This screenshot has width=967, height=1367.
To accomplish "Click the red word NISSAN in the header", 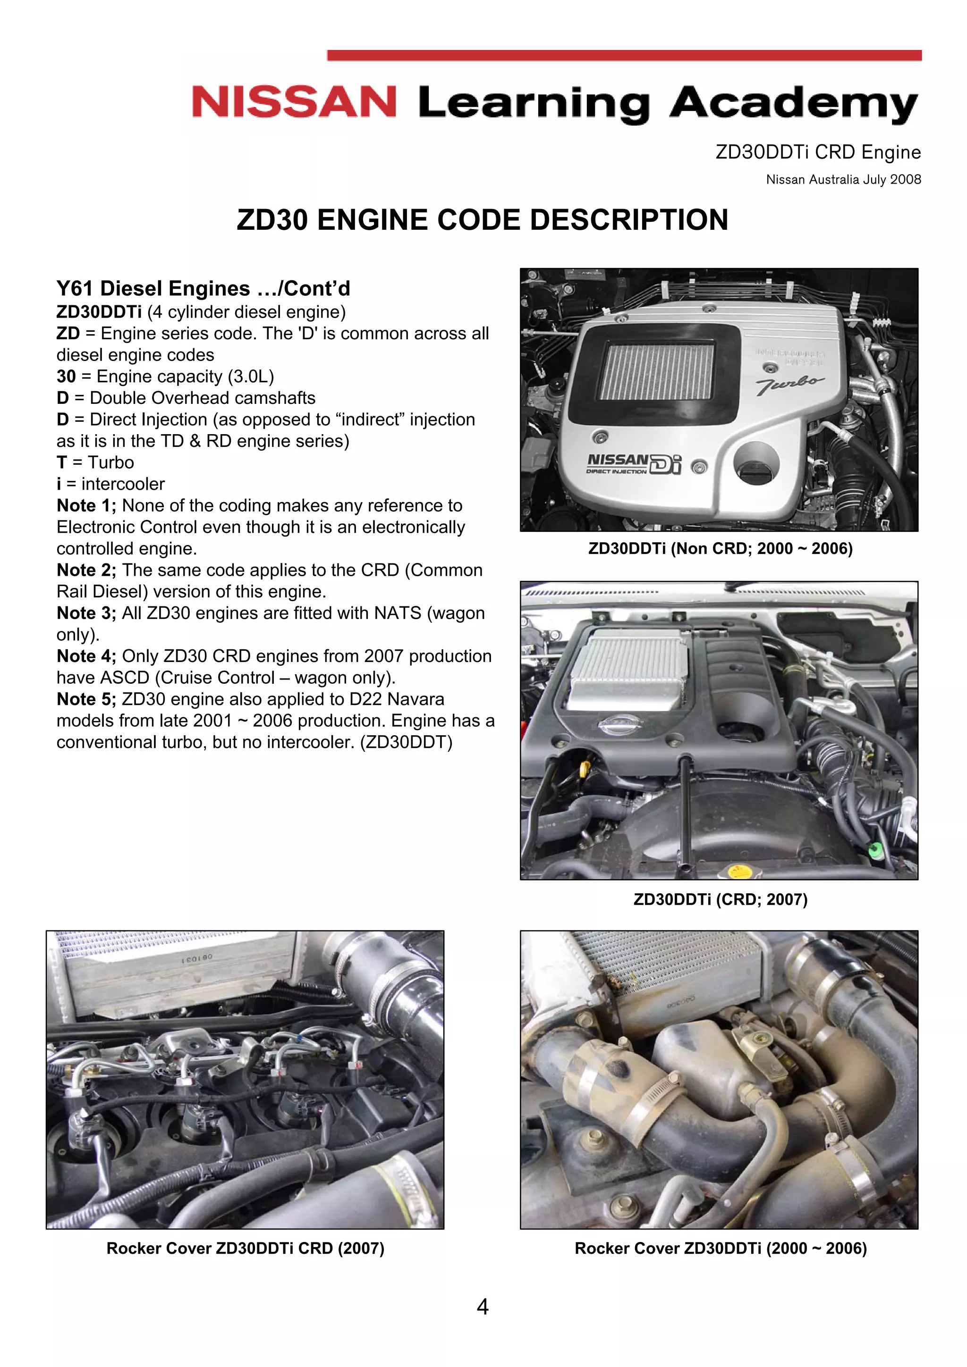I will (x=294, y=102).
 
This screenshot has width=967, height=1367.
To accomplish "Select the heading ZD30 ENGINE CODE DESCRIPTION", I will (x=482, y=220).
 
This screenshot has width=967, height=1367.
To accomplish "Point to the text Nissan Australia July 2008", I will (x=843, y=179).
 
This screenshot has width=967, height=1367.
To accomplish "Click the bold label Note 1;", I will (x=86, y=505).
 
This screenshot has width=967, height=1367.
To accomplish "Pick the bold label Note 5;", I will (x=86, y=699).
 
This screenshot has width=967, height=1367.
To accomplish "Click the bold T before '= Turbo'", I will (x=61, y=462).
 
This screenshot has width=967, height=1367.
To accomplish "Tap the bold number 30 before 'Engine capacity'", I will (x=66, y=376).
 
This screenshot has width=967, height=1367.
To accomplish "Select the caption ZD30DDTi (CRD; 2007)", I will (x=720, y=899).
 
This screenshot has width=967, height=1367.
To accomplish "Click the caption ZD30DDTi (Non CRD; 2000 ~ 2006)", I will (x=720, y=548).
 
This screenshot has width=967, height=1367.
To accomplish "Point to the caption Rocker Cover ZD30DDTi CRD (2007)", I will (x=245, y=1248).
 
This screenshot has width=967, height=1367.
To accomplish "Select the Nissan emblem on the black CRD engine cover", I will (x=620, y=725).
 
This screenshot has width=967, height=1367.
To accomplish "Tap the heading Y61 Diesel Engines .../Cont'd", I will (x=203, y=289).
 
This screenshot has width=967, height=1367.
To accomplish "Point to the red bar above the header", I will (x=624, y=55).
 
